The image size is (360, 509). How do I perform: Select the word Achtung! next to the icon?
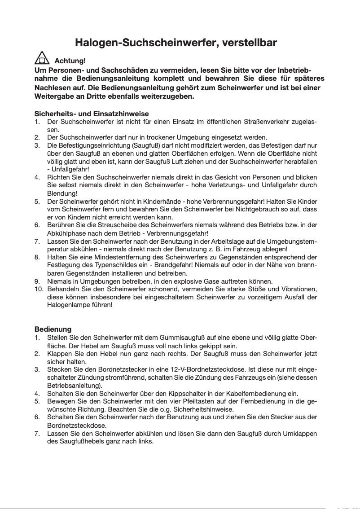[70, 61]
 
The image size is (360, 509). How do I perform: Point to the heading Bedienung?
[53, 329]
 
